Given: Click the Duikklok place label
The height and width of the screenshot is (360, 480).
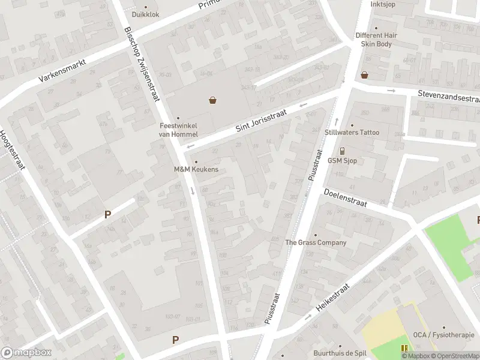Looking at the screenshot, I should pyautogui.click(x=146, y=14).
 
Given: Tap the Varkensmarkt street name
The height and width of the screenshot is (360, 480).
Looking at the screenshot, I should pyautogui.click(x=62, y=71).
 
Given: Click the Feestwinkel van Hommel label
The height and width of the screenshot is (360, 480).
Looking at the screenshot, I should pyautogui.click(x=178, y=130).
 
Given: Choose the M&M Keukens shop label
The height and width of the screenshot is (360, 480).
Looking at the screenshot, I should pyautogui.click(x=196, y=169).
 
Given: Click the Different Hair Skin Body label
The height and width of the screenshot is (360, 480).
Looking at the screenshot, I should pyautogui.click(x=376, y=40).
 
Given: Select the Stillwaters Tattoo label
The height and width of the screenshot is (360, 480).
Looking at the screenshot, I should pyautogui.click(x=360, y=132).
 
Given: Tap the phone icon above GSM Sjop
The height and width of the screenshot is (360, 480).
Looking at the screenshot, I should pyautogui.click(x=342, y=151).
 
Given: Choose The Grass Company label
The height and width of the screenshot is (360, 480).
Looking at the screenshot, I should pyautogui.click(x=316, y=242).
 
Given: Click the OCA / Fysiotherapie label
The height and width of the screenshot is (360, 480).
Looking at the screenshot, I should pyautogui.click(x=443, y=335).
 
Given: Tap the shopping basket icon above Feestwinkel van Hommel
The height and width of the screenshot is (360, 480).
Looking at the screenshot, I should pyautogui.click(x=212, y=100).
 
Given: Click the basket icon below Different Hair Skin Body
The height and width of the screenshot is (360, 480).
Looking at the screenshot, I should pyautogui.click(x=364, y=75).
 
